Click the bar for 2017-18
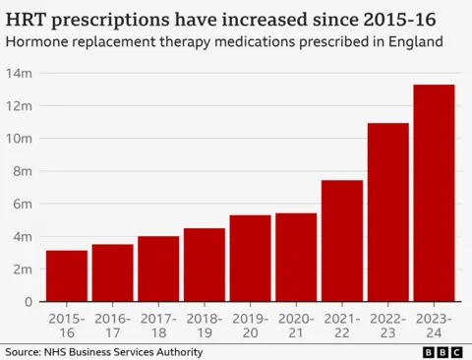158,269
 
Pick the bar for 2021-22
341,241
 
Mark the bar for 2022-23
387,212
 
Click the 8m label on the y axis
22,171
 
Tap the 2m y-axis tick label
22,269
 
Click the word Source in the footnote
23,351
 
